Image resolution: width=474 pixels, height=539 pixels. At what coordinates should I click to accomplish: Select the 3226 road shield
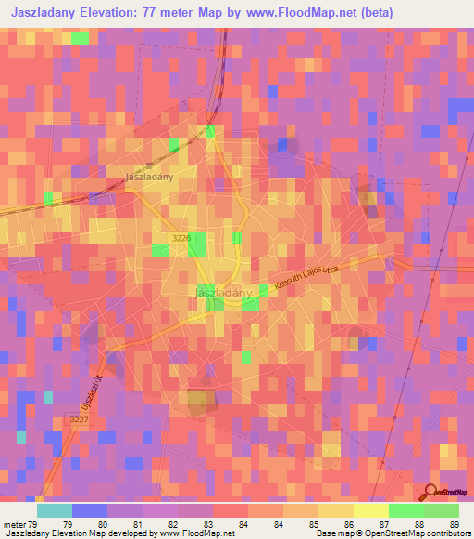pos(181,239)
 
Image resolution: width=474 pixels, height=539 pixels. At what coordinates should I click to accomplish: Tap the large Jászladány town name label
pos(225,293)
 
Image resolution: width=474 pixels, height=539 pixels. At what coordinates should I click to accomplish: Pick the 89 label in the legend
pos(452,498)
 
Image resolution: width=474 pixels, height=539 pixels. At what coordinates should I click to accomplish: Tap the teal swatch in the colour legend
pos(54,510)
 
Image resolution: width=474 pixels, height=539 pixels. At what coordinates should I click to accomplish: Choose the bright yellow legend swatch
pos(370,510)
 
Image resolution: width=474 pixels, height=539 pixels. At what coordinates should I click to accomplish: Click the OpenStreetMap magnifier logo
pos(429,493)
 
